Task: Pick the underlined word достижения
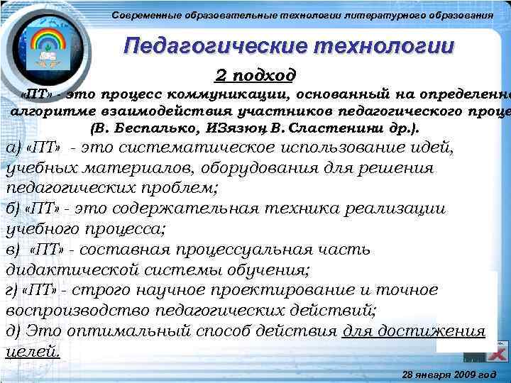(x=439, y=331)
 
